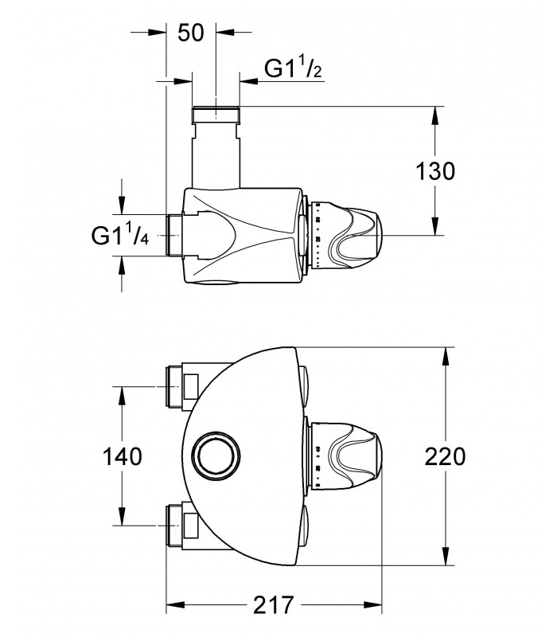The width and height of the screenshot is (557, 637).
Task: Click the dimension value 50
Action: [x=191, y=33]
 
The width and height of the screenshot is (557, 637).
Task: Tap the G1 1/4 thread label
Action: [x=120, y=235]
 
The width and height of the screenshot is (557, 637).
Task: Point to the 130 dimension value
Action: [x=434, y=170]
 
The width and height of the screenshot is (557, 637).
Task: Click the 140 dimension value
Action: [x=123, y=455]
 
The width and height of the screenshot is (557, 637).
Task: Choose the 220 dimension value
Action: [x=445, y=456]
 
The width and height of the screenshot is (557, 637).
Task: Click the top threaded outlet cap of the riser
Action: [x=216, y=115]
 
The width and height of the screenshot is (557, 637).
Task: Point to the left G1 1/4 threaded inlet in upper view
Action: [x=174, y=235]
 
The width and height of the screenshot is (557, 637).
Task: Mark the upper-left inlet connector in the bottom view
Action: [x=182, y=386]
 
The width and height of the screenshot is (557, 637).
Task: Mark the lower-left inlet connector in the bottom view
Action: [x=182, y=526]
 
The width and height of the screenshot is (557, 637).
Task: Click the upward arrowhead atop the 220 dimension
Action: [x=446, y=357]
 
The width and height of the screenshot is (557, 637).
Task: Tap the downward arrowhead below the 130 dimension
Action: [x=434, y=226]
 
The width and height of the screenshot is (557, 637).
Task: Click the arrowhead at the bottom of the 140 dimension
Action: [x=123, y=516]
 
